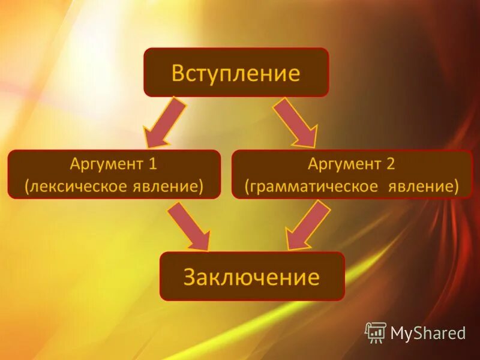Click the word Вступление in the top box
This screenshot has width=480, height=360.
point(236,73)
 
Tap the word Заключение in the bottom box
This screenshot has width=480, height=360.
point(251,277)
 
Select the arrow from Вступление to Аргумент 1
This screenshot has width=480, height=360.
point(164,122)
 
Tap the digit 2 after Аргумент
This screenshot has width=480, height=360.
point(391,164)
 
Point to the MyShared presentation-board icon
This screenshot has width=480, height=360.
point(376,332)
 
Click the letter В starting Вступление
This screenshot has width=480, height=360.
point(178,73)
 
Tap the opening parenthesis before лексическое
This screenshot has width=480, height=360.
point(27,187)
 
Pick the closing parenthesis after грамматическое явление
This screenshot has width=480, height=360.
point(456,187)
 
